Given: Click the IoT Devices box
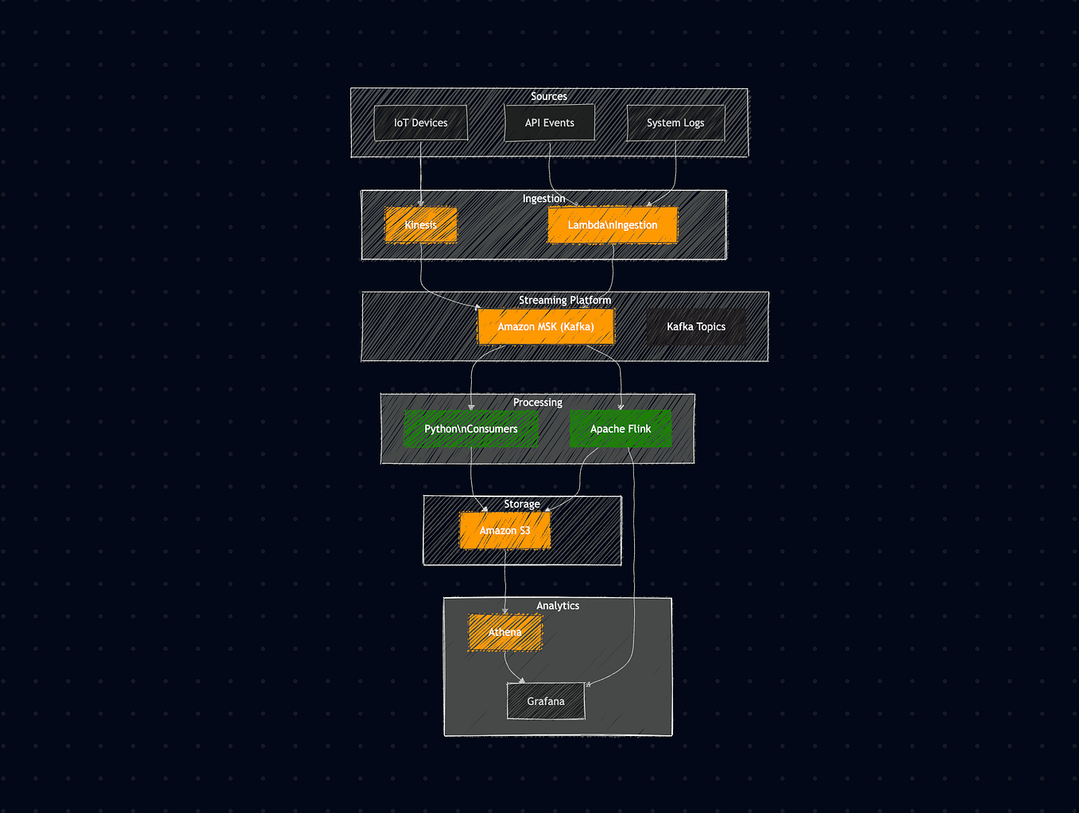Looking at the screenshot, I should [x=420, y=123].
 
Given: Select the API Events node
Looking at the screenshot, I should [x=549, y=123].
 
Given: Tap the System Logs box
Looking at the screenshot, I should [x=675, y=123].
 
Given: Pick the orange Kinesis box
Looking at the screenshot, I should [x=420, y=225].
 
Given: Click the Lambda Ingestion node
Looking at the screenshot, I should [x=613, y=225].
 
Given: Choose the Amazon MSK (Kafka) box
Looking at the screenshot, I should [x=546, y=326].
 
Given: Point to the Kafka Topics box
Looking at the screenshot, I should [x=696, y=326].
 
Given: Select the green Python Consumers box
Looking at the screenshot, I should [x=471, y=429].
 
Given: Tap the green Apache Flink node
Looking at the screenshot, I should [x=621, y=429].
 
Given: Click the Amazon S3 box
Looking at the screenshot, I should [x=505, y=530].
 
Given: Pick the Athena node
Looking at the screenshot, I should [x=505, y=632].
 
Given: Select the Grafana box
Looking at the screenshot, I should [x=546, y=701].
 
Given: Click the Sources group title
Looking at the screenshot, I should [x=549, y=96].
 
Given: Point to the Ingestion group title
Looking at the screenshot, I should [x=543, y=198].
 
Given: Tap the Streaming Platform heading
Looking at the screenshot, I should [x=565, y=300].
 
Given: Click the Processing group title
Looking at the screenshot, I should [x=538, y=403].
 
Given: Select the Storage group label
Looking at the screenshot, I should [x=522, y=504].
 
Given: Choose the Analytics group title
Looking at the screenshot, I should [x=558, y=606].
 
